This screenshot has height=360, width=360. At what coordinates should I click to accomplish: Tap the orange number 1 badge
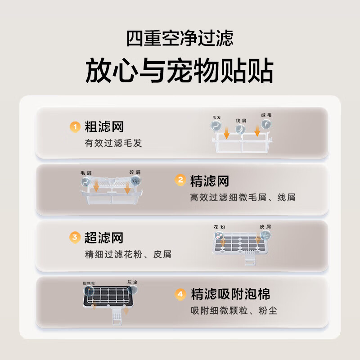75,127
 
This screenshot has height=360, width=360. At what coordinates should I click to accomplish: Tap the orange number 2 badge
180,181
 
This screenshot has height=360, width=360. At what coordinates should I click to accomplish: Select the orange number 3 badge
75,237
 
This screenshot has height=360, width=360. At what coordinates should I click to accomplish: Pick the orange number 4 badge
180,294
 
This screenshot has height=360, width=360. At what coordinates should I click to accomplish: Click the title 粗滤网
104,127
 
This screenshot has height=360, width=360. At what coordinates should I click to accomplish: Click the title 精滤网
210,181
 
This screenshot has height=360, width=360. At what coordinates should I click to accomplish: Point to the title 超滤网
104,237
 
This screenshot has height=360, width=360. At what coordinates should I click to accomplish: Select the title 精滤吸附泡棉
230,294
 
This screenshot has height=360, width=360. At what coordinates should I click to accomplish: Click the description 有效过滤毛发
113,143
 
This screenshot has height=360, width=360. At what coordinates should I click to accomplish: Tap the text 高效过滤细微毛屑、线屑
243,198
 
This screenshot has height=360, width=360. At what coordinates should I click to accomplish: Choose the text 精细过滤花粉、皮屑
128,254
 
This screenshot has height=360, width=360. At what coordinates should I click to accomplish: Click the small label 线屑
241,121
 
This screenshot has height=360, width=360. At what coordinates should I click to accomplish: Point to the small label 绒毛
266,115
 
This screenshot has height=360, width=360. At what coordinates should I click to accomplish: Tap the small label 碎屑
135,172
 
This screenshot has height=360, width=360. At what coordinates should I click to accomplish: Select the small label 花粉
219,227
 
